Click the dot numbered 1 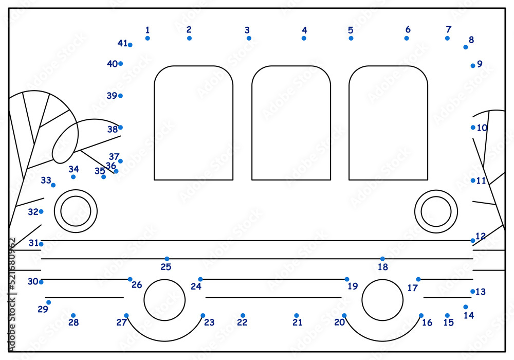pos(148,39)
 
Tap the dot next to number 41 pos(130,45)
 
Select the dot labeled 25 pos(167,259)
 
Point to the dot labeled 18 pos(382,259)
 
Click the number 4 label pos(304,30)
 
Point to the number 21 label pos(297,322)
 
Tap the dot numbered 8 pos(466,47)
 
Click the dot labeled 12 pos(473,241)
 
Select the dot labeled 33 pos(53,185)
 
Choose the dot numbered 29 pos(48,302)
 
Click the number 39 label pos(112,96)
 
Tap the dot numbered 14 pos(466,307)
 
